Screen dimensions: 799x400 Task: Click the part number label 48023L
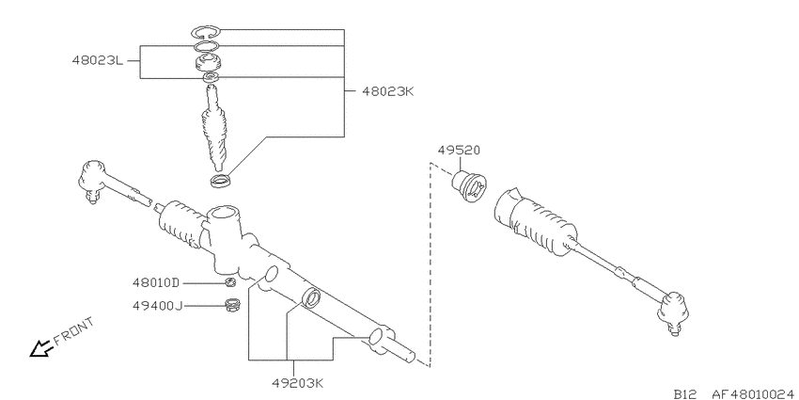point(97,61)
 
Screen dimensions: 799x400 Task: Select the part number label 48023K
point(388,91)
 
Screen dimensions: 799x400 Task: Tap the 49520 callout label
point(459,151)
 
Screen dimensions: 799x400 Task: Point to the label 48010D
point(156,282)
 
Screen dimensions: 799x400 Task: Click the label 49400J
point(157,306)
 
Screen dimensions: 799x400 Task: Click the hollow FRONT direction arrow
point(40,348)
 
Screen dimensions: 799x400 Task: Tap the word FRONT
point(75,331)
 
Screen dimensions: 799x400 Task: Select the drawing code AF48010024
point(754,393)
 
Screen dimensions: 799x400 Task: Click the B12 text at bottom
point(685,393)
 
